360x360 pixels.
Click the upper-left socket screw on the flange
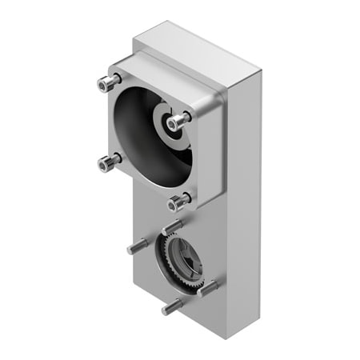click(x=106, y=82)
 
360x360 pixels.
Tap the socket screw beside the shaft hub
click(x=181, y=120)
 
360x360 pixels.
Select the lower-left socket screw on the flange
click(x=107, y=163)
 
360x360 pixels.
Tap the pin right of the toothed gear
click(x=206, y=287)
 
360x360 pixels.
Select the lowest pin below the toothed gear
click(x=170, y=306)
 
